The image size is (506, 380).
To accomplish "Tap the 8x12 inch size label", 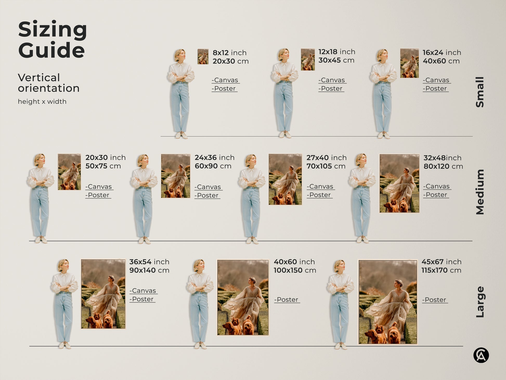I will click(x=229, y=53).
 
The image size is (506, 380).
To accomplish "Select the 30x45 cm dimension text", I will click(x=336, y=60).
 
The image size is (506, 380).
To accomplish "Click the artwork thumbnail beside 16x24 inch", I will click(x=409, y=63).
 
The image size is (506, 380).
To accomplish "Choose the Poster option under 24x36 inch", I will click(x=207, y=196).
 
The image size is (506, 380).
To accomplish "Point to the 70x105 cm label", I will click(x=326, y=166).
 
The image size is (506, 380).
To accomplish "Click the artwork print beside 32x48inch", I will click(x=399, y=183).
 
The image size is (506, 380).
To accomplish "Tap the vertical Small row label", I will click(x=480, y=92).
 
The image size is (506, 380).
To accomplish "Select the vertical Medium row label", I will click(x=480, y=192).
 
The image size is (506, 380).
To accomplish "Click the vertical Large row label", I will click(x=480, y=302).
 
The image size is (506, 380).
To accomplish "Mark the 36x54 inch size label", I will click(x=149, y=262).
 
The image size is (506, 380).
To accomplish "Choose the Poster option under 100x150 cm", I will click(x=287, y=300).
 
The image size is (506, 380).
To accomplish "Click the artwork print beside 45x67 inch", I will click(x=388, y=302).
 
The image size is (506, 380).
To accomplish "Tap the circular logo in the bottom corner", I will click(x=481, y=355).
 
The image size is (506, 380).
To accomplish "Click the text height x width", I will click(x=42, y=102).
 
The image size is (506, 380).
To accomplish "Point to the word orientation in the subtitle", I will click(x=49, y=88).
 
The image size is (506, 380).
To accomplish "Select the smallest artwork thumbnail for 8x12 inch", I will click(x=203, y=57).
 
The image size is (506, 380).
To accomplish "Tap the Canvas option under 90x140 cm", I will click(x=144, y=291).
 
